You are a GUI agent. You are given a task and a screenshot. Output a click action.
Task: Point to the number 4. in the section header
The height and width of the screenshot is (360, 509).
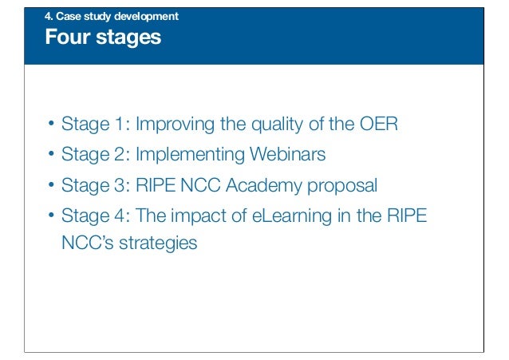click(49, 16)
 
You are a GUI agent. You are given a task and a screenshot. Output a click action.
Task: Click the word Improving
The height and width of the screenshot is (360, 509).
click(176, 125)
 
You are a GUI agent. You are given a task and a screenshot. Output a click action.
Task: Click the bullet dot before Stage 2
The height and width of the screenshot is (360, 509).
click(49, 155)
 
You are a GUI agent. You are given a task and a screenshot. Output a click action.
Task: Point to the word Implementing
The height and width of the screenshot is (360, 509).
click(191, 155)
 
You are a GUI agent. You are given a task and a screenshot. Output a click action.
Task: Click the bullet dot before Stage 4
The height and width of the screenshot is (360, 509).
click(49, 217)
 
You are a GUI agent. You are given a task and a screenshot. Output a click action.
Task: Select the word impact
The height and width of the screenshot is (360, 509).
click(199, 218)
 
